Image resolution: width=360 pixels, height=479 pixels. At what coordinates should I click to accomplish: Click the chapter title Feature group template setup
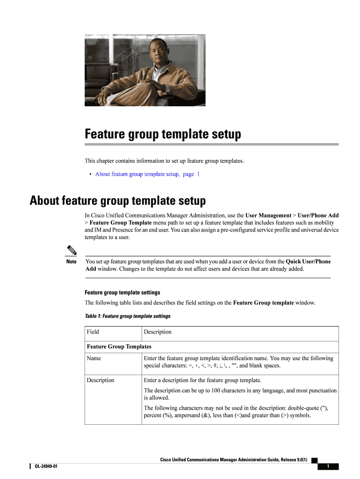coord(163,134)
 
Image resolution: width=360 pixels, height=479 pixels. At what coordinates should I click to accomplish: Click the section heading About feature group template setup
coord(117,201)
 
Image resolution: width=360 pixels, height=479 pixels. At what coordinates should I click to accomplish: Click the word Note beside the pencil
coord(72,261)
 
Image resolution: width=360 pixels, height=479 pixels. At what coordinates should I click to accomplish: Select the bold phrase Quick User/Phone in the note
coord(308,261)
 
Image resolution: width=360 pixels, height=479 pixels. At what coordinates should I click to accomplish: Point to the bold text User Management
coord(268,216)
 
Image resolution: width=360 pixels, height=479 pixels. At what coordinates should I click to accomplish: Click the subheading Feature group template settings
coord(122,292)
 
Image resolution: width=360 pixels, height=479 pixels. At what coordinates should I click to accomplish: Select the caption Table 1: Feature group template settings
coord(127,316)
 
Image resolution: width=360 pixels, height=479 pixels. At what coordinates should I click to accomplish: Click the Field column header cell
coord(93,332)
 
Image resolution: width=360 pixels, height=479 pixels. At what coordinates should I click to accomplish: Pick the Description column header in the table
coord(158,332)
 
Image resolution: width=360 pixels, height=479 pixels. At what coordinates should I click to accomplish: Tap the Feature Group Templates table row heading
coord(119,347)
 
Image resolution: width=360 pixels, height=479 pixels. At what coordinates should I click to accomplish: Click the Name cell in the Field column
coord(94,358)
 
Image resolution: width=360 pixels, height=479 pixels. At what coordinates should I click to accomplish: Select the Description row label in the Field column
coord(101,380)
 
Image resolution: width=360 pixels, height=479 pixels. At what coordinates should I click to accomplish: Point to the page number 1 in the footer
coord(328,466)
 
